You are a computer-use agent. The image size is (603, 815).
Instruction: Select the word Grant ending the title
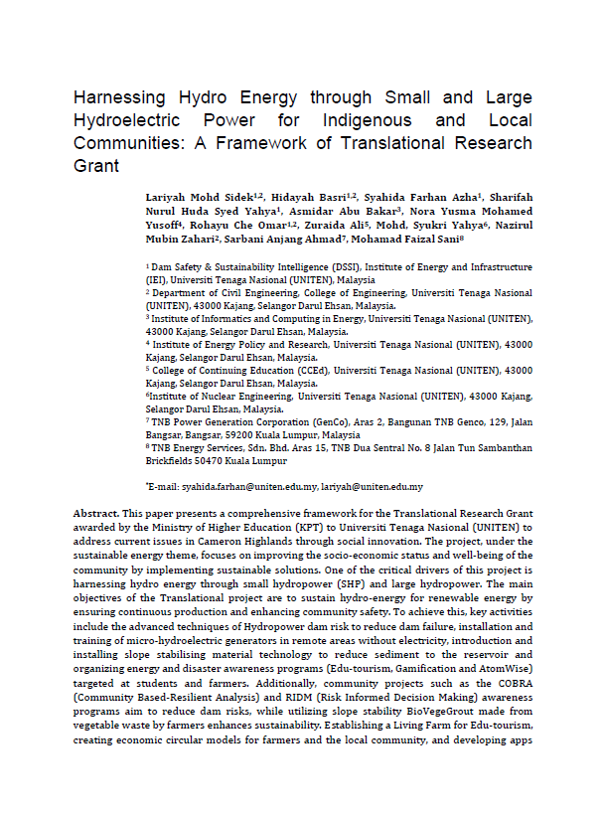pyautogui.click(x=96, y=166)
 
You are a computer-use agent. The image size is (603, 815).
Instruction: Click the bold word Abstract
pyautogui.click(x=95, y=513)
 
